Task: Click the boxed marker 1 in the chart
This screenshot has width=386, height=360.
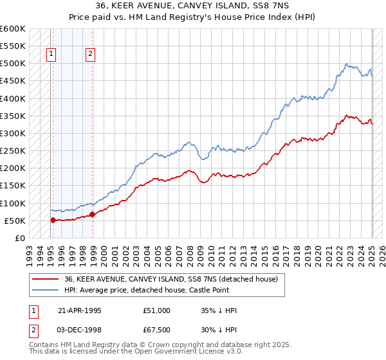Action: pyautogui.click(x=51, y=55)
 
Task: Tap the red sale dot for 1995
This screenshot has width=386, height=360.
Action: pyautogui.click(x=53, y=220)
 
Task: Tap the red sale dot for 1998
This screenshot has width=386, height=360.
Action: pyautogui.click(x=92, y=214)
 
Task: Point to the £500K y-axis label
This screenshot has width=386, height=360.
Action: pyautogui.click(x=13, y=64)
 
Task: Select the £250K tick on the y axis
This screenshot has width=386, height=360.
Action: pyautogui.click(x=13, y=151)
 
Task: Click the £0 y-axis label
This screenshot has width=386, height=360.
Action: pyautogui.click(x=19, y=238)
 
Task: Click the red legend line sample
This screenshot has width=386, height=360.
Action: pyautogui.click(x=45, y=279)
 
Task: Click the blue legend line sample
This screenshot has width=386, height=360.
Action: pyautogui.click(x=45, y=290)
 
